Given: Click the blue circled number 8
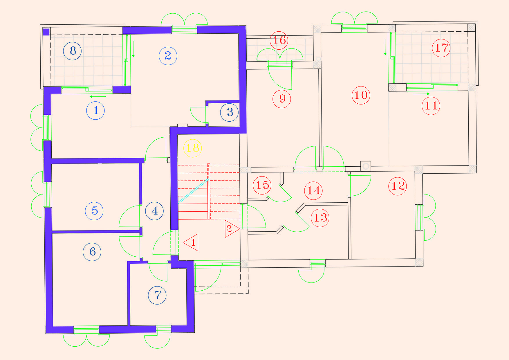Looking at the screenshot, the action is tap(72, 51).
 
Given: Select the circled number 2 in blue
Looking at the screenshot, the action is tap(168, 56).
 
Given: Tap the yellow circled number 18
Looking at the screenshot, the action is tap(192, 148).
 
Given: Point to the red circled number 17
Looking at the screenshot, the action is tap(441, 48).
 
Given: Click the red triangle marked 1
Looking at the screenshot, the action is tap(191, 242).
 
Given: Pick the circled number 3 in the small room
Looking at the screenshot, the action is tap(229, 112).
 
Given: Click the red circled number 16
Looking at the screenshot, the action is tap(279, 40).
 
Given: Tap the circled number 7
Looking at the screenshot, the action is tap(157, 295).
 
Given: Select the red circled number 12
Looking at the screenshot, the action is tap(398, 186).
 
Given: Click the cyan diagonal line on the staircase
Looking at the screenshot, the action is tap(194, 191).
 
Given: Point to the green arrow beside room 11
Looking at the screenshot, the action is tap(421, 94).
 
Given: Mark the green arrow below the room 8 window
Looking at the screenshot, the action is tap(98, 97).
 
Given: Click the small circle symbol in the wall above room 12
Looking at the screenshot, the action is tap(366, 166).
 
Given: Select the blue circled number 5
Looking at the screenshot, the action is tap(94, 211).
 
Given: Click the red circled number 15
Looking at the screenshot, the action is tap(262, 185).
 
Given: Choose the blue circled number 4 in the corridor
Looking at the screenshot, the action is tap(154, 211).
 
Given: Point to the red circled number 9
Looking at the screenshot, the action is tap(282, 99).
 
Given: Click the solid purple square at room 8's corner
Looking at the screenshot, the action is tap(46, 32).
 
